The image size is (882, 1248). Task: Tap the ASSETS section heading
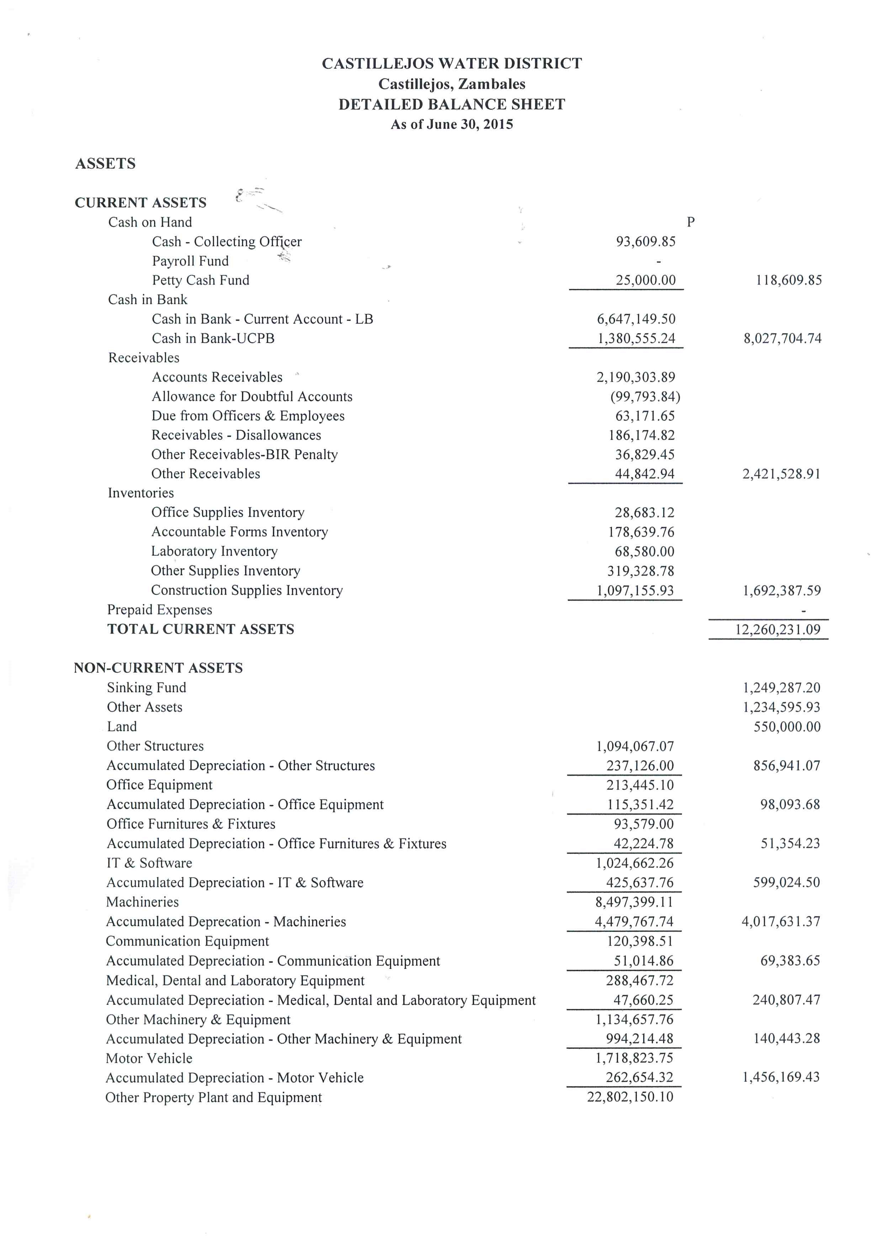pos(105,164)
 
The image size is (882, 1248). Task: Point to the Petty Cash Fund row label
pos(200,280)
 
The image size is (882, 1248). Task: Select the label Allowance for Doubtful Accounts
pos(252,397)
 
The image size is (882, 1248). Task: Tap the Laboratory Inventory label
pos(214,552)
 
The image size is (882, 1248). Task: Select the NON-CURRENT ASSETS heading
pos(158,668)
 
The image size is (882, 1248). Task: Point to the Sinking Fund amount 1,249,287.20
pos(781,688)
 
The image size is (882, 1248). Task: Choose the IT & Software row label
pos(149,863)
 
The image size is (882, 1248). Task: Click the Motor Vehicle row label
pos(149,1058)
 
